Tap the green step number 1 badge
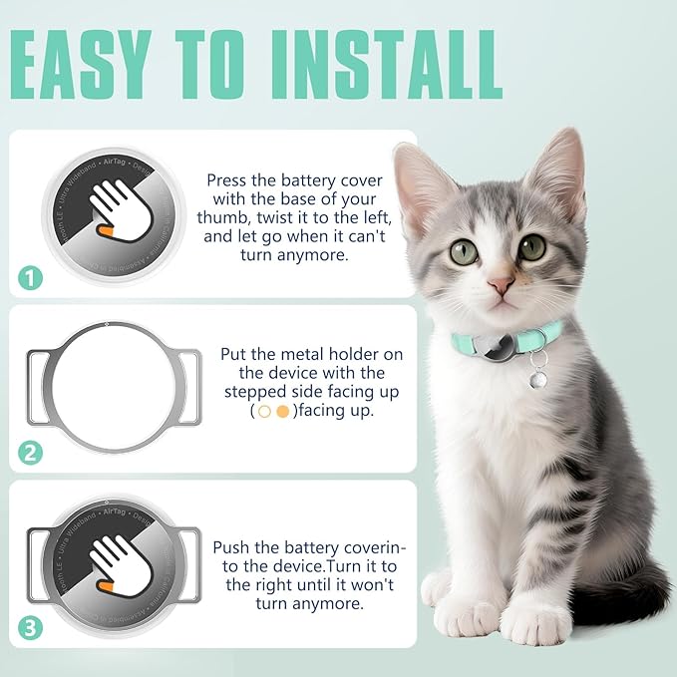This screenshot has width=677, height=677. click(x=31, y=278)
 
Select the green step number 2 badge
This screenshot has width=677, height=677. click(x=31, y=453)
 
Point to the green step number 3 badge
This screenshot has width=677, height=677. click(x=31, y=628)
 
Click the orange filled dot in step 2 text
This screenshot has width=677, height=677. click(x=282, y=411)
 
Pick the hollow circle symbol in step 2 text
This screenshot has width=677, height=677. click(x=264, y=411)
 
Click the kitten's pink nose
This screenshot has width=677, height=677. click(x=501, y=285)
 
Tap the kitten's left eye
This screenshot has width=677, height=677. click(x=465, y=252)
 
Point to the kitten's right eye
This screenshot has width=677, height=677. click(x=531, y=246)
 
